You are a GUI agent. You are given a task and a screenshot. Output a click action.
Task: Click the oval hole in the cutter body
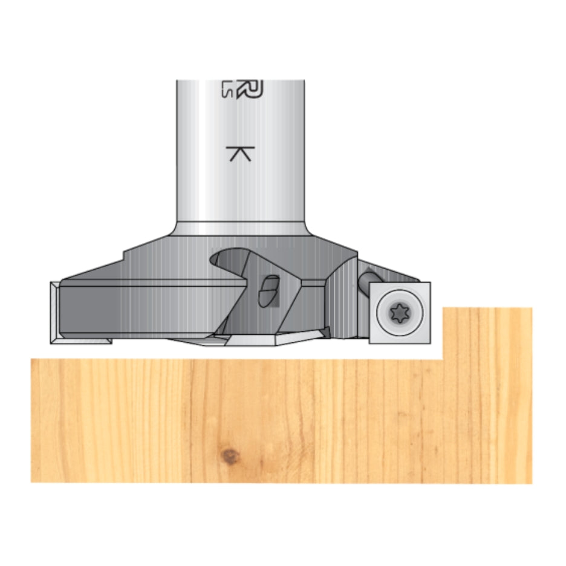tap(268, 290)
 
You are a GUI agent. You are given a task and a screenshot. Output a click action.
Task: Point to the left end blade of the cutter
tap(56, 311)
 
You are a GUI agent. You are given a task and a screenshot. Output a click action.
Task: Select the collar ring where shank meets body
tap(240, 229)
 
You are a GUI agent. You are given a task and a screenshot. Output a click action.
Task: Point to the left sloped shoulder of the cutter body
tap(97, 269)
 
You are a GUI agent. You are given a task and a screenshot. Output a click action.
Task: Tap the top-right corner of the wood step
tap(532, 309)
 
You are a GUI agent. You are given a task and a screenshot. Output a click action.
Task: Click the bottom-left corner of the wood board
tap(32, 481)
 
